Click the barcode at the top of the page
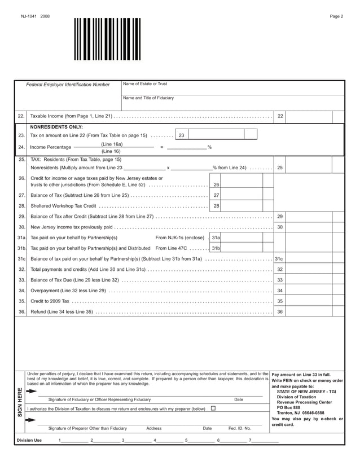[x=107, y=39]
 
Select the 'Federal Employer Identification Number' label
[x=68, y=85]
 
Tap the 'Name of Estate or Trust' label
[x=145, y=84]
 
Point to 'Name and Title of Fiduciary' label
[x=148, y=98]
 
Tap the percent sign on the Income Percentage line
[x=209, y=147]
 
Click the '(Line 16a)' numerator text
[x=112, y=144]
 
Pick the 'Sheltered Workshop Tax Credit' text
[x=63, y=206]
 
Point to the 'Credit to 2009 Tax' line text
[x=50, y=301]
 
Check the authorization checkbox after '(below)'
[x=213, y=408]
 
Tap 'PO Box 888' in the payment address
[x=289, y=407]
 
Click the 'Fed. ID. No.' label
[x=239, y=428]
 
